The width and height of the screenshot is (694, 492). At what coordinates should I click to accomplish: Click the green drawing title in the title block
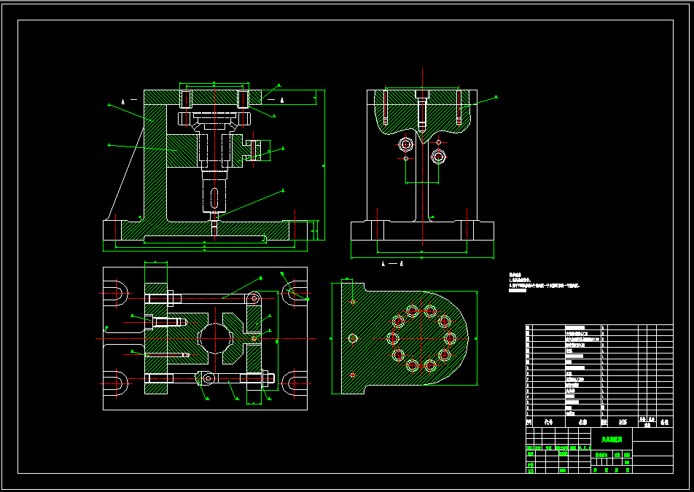pos(611,440)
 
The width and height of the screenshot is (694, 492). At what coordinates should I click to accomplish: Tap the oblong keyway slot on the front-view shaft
pos(213,198)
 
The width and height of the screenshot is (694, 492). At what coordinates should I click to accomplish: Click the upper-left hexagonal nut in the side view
pos(407,144)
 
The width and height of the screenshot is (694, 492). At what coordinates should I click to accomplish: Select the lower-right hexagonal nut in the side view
pos(438,156)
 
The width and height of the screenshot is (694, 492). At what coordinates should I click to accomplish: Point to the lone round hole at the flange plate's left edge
pos(353,338)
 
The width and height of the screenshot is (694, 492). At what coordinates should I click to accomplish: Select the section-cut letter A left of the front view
pos(123,99)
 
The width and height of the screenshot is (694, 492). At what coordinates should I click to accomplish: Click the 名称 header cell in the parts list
pos(582,421)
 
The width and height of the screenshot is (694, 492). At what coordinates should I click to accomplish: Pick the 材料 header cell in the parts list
pos(623,421)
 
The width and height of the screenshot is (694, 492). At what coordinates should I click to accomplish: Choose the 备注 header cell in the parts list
pos(663,421)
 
